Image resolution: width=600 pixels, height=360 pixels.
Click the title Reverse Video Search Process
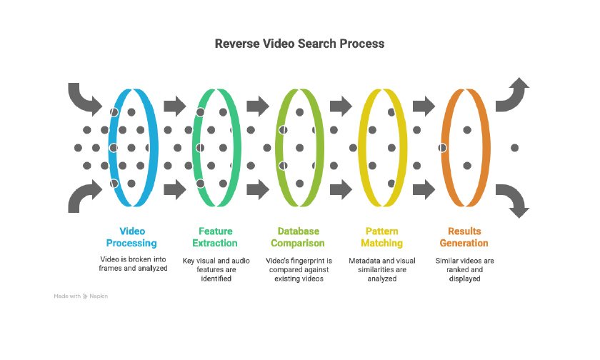(299, 44)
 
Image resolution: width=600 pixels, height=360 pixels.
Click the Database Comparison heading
(299, 237)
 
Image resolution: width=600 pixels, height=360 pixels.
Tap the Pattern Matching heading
(382, 237)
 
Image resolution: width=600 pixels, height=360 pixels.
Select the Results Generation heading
(464, 237)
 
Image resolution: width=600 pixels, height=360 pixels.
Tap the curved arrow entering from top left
(84, 99)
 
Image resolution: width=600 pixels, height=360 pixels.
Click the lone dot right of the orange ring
(514, 148)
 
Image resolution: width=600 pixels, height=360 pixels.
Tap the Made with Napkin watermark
(81, 296)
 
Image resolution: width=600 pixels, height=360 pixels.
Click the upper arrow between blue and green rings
(174, 107)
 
